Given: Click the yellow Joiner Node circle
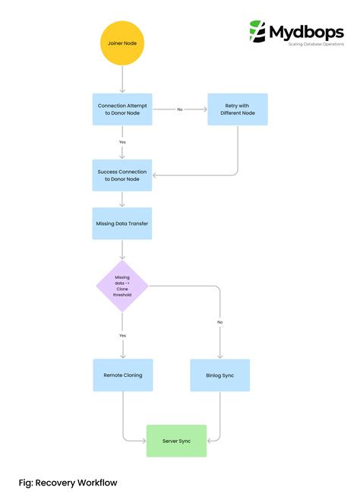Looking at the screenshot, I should pos(122,44).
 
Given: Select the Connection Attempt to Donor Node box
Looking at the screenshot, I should pos(122,109).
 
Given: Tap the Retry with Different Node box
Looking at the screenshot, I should pos(238,109).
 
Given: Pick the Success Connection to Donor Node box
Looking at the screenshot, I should pos(122,176).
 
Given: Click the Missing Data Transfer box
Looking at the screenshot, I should pos(122,223).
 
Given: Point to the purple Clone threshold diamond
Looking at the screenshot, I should pos(122,286).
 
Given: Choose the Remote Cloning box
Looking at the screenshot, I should pos(122,375).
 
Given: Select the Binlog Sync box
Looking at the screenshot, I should pos(219,375).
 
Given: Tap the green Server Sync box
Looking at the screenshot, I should pos(176,441).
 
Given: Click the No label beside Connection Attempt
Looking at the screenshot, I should pos(180,109).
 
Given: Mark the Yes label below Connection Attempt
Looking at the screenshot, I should pos(122,142).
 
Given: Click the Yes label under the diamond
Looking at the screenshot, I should pos(122,335).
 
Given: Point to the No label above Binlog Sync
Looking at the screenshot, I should pos(219,322).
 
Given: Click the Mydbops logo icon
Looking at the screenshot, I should pos(257,33).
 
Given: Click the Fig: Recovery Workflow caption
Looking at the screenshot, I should pos(68,482).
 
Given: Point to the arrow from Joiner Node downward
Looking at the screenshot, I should pos(122,79).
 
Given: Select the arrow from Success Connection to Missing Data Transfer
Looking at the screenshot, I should pos(122,200).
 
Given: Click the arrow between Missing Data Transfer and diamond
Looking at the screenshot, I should pos(122,250).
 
